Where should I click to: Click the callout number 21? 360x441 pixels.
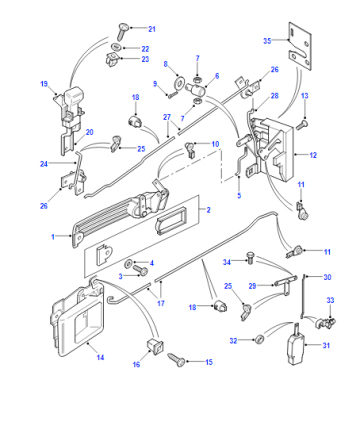[x=152, y=29]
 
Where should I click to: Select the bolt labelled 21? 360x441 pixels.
[x=123, y=31]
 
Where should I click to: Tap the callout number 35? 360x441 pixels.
[x=267, y=41]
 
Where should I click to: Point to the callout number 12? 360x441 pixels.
[x=313, y=155]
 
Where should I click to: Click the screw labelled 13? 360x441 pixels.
[x=302, y=125]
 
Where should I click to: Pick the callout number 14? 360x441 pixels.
[x=100, y=357]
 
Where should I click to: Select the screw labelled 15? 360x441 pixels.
[x=176, y=360]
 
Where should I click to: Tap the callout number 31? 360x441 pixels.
[x=326, y=345]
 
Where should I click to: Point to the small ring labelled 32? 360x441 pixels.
[x=259, y=340]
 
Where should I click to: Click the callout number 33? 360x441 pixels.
[x=330, y=300]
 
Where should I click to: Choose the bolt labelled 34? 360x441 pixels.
[x=250, y=258]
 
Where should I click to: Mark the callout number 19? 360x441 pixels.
[x=44, y=84]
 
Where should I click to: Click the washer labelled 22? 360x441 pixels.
[x=116, y=47]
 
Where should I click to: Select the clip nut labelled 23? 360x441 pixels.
[x=112, y=60]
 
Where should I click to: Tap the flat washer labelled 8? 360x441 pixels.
[x=180, y=81]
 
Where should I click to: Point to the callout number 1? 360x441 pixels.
[x=53, y=237]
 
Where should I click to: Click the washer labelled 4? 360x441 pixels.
[x=128, y=264]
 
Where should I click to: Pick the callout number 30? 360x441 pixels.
[x=327, y=277]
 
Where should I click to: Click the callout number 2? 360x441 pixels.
[x=208, y=210]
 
